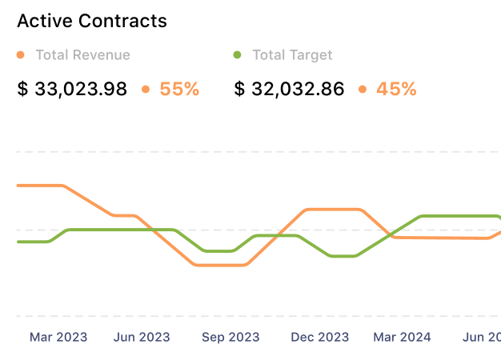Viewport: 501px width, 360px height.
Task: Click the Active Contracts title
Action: pos(92,21)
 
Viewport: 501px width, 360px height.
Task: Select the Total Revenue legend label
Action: pos(82,55)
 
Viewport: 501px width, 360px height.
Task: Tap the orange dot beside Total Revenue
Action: pos(21,55)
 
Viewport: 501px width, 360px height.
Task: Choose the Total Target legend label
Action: pos(292,55)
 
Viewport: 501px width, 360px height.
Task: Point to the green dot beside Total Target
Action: pos(237,55)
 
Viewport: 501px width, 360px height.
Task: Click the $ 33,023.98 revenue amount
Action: pos(72,89)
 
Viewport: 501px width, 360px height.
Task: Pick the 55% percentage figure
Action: pos(179,89)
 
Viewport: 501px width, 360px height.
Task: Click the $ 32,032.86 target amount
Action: pos(289,89)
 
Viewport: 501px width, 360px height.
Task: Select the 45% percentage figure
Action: pos(396,89)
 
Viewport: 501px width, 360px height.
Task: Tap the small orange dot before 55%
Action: pos(146,89)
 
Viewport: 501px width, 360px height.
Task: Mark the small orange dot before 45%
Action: pos(363,89)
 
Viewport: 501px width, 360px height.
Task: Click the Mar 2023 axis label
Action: pos(58,337)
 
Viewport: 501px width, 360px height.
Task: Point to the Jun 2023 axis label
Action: pos(142,337)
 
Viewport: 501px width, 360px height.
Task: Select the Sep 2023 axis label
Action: pos(230,337)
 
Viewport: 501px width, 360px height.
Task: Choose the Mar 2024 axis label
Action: pos(402,337)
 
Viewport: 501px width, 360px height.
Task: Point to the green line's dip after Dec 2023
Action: pos(343,256)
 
